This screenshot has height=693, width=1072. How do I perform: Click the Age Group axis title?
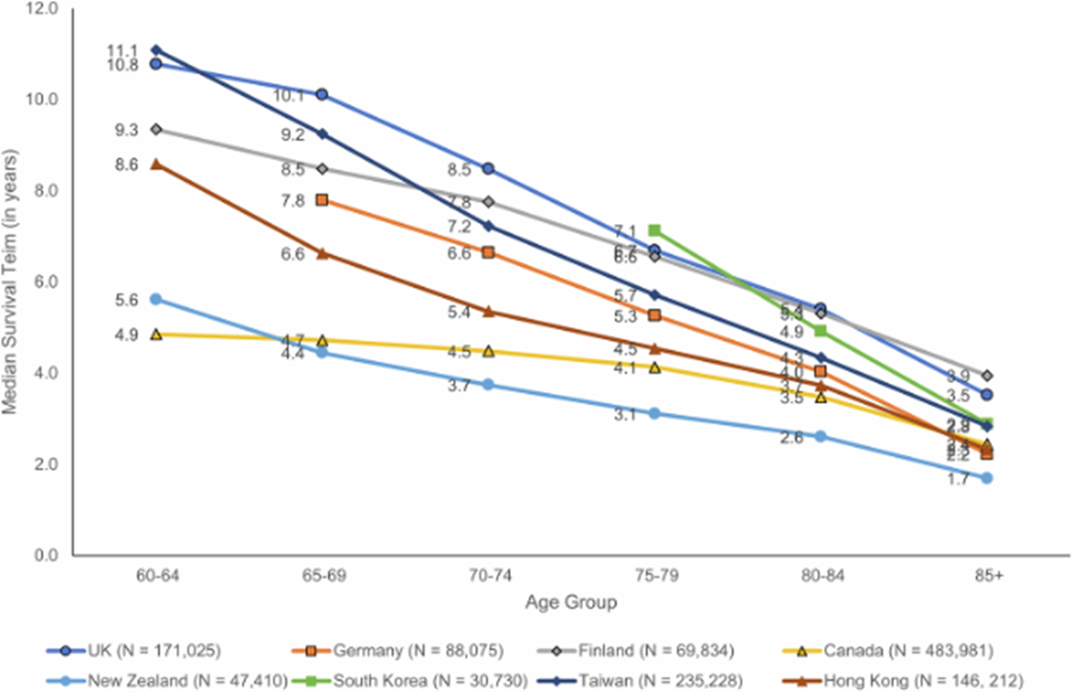(x=570, y=604)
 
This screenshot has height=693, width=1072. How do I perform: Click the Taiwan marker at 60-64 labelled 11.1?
(x=156, y=50)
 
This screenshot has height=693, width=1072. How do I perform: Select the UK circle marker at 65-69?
(x=322, y=95)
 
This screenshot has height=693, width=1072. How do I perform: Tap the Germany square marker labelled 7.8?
(x=322, y=200)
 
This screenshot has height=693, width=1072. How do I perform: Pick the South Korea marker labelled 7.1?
(x=654, y=230)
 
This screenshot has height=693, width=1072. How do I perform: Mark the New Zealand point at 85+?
(x=987, y=478)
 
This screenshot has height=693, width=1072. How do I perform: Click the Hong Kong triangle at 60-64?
(x=156, y=164)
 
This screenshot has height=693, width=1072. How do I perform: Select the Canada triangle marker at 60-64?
(x=156, y=334)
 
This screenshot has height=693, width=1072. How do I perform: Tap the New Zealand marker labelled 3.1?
(x=654, y=413)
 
